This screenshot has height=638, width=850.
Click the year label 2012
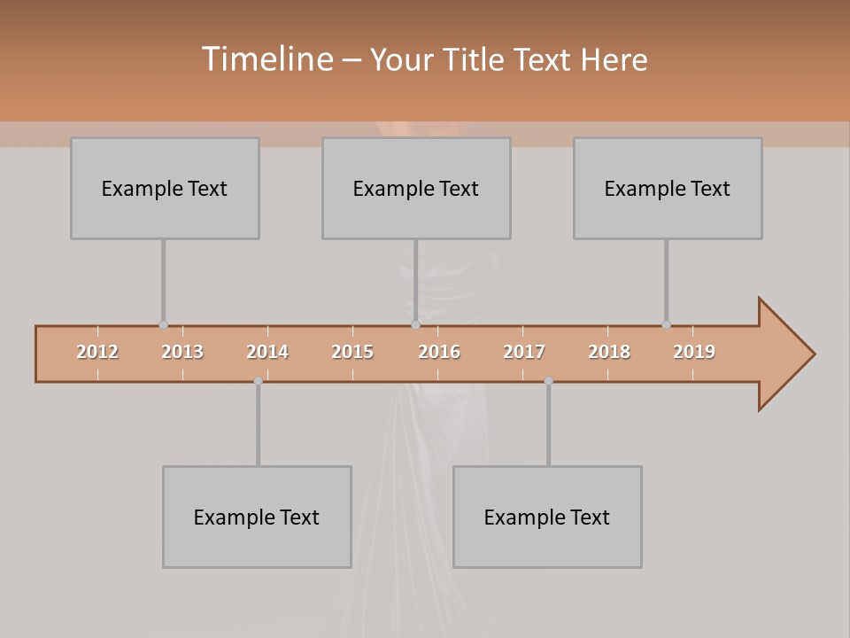97,352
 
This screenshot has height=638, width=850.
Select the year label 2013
182,352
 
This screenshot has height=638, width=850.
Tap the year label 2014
267,352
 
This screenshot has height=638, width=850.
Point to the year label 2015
352,352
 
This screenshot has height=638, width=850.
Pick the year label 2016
439,352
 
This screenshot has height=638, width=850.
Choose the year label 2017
524,352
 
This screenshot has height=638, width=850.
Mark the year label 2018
609,352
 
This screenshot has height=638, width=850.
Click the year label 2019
694,352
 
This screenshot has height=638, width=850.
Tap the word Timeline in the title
267,59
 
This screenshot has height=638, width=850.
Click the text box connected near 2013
165,188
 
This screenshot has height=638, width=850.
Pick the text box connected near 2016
416,188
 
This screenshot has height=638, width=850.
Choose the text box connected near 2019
668,188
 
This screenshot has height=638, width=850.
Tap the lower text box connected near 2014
257,517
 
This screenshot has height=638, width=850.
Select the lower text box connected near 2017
547,517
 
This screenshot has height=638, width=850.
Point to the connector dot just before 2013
163,325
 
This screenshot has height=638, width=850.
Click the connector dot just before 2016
415,325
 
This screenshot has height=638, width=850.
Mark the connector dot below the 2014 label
258,381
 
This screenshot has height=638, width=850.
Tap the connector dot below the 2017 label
548,381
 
